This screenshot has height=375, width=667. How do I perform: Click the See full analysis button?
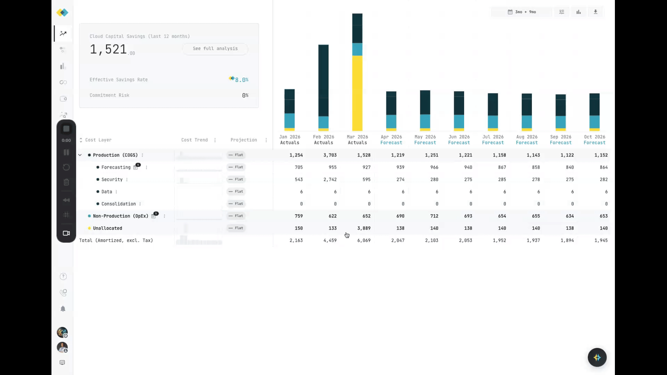215,49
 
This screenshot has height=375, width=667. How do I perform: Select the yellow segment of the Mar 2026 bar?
357,93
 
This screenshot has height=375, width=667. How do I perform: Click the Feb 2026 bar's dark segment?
323,80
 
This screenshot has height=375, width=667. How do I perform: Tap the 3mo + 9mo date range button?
522,12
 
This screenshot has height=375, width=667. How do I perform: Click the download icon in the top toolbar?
595,12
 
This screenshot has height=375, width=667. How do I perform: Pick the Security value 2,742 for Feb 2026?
330,180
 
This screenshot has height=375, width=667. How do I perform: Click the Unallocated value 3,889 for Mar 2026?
364,228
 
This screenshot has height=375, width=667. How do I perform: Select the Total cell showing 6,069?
364,240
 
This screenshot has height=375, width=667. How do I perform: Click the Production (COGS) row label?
115,155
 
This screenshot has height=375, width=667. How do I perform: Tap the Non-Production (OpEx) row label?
120,216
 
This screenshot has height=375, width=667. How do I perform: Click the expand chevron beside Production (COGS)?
80,155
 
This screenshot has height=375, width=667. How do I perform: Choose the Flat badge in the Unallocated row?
236,228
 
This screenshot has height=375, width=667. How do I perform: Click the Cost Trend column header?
194,140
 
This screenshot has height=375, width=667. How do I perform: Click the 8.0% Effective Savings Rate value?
241,80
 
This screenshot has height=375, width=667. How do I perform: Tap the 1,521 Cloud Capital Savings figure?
108,49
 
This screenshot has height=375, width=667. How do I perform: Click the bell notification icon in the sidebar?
63,309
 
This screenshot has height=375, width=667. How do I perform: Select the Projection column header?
244,140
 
